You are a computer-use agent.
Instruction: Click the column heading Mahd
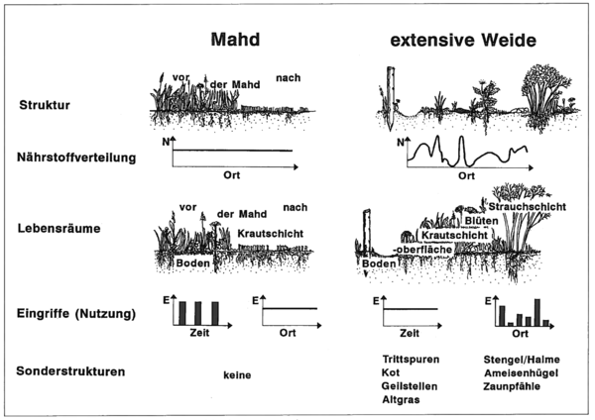(x=235, y=40)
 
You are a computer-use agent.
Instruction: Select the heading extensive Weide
(x=463, y=41)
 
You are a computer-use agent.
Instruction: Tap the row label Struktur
(x=45, y=105)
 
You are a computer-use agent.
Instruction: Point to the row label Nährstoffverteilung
(x=76, y=157)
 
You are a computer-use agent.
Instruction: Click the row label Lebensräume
(x=59, y=229)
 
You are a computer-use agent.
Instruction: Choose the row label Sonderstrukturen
(x=70, y=371)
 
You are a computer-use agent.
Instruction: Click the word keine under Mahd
(x=237, y=375)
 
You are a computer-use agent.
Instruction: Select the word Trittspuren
(x=411, y=359)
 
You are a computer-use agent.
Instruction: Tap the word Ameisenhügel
(x=521, y=373)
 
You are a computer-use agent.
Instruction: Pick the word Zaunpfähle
(x=512, y=386)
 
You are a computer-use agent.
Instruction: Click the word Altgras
(x=401, y=400)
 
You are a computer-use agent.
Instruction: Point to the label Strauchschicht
(x=528, y=207)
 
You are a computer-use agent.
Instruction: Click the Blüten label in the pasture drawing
(x=482, y=221)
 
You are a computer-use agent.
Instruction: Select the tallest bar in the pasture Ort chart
(x=537, y=312)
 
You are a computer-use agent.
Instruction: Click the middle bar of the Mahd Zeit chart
(x=197, y=313)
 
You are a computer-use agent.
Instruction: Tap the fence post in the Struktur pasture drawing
(x=390, y=98)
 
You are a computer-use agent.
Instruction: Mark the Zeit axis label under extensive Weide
(x=410, y=333)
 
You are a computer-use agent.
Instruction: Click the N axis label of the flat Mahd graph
(x=166, y=143)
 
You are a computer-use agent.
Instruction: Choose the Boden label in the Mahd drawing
(x=192, y=263)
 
